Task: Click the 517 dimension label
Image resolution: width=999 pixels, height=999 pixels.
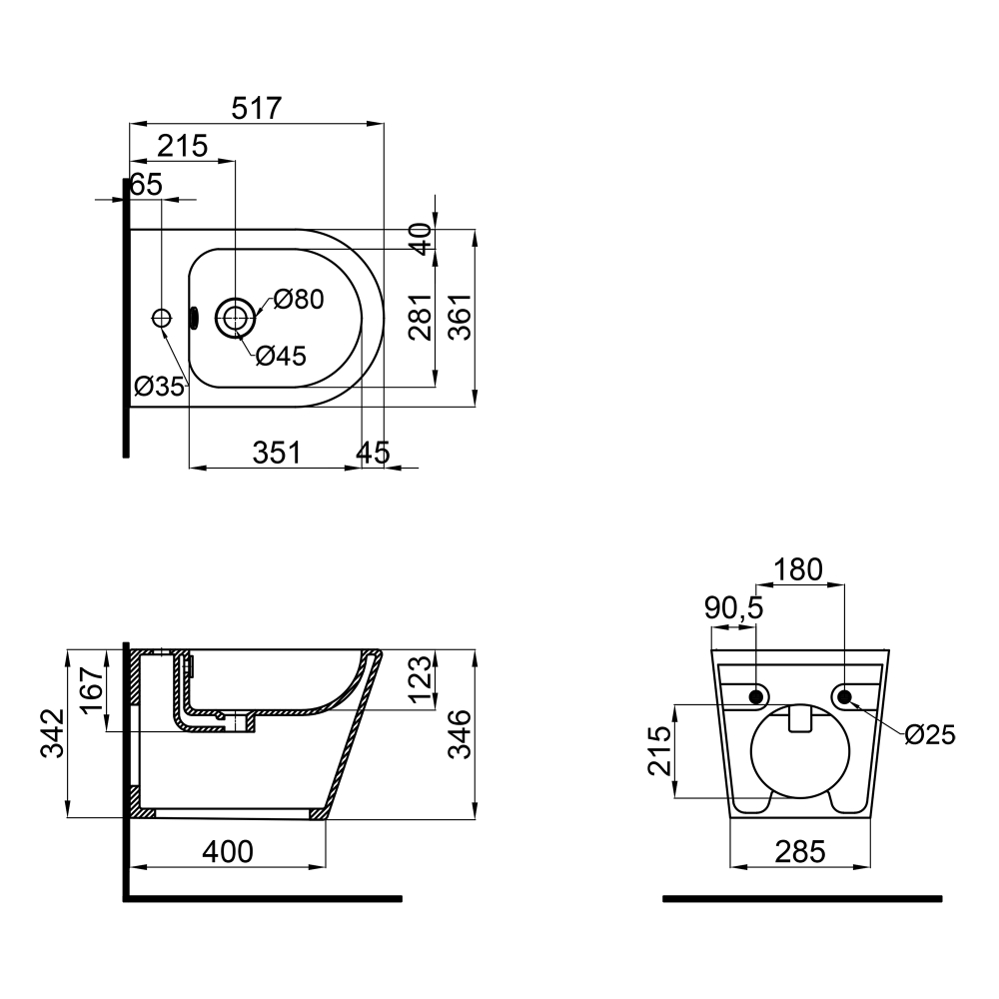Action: click(256, 108)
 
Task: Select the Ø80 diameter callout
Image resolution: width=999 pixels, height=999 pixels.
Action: click(299, 298)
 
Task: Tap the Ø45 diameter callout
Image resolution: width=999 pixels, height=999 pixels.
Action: click(281, 356)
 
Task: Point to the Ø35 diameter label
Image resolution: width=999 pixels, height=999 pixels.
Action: click(159, 386)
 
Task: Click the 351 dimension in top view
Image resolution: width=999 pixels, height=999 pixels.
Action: click(277, 453)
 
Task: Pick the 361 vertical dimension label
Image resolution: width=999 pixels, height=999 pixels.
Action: click(460, 317)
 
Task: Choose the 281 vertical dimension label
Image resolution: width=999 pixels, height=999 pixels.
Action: click(421, 317)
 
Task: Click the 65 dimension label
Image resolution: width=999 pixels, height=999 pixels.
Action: click(147, 185)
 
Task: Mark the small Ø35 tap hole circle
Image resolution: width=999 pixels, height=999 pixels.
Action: click(162, 317)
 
